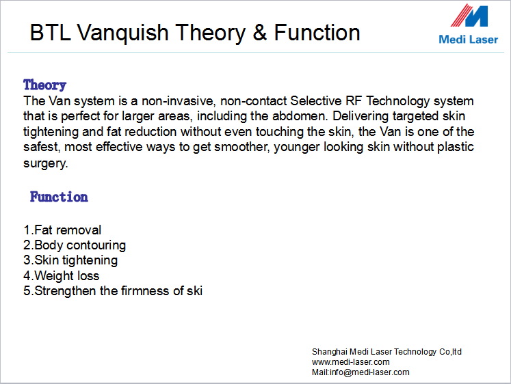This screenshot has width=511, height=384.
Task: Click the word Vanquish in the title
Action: (122, 33)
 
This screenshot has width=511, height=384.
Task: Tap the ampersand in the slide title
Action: (259, 32)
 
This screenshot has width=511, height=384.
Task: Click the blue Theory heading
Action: (44, 85)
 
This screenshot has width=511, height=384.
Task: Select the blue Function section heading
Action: (59, 197)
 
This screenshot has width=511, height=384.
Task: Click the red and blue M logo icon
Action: (469, 16)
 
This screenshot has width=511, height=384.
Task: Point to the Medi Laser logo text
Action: (469, 40)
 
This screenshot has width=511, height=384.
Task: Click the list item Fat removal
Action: (62, 230)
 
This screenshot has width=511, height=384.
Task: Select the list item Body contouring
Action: (75, 245)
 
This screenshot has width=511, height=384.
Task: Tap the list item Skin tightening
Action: (70, 260)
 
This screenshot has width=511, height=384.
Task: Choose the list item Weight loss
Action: (62, 275)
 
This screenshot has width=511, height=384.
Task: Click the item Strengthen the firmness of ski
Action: (113, 291)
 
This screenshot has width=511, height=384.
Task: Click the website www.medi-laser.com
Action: (351, 362)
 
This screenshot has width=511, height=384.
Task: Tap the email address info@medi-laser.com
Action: (369, 372)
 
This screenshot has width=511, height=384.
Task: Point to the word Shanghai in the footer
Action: (330, 352)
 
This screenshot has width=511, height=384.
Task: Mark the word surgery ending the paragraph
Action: (45, 163)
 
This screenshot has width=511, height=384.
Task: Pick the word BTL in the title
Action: (51, 33)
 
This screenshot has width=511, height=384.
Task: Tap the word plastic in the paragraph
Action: (456, 147)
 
